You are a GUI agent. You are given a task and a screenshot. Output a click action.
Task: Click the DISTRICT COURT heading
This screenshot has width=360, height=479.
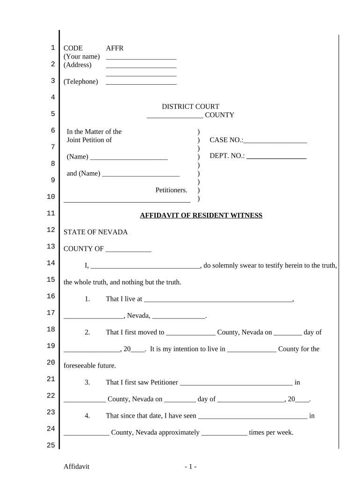coord(190,107)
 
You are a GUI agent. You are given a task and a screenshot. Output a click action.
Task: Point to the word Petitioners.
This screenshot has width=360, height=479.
coord(171,190)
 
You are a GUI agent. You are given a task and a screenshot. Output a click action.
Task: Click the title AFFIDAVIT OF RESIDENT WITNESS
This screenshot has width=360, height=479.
coord(202,216)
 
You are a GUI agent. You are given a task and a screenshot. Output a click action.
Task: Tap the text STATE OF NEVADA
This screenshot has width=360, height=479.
coord(95,232)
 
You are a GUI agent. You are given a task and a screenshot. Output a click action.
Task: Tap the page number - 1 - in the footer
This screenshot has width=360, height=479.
coord(190,467)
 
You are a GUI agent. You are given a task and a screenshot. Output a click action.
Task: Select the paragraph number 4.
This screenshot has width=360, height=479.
coord(87,416)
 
